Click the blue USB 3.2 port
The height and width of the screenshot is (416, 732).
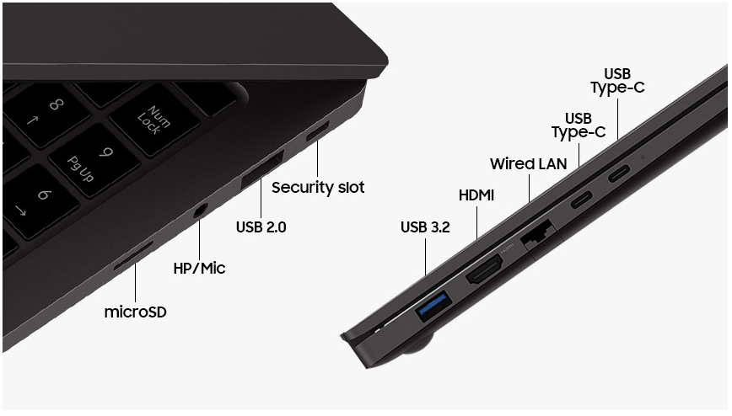click(433, 306)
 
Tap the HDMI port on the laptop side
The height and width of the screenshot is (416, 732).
click(485, 271)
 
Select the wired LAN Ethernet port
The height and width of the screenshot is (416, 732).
click(537, 234)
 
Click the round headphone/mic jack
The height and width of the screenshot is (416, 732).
click(200, 211)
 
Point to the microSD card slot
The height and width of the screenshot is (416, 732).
click(133, 256)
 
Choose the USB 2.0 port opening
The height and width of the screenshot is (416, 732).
click(262, 171)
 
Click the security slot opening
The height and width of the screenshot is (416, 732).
click(317, 131)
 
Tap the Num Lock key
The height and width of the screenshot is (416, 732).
click(155, 120)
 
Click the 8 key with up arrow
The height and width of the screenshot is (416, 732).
click(46, 114)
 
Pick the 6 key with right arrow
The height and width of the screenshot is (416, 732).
click(35, 201)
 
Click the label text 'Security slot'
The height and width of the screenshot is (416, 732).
click(318, 188)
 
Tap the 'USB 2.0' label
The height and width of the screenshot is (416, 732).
click(261, 227)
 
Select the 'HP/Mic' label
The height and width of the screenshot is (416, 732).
click(199, 268)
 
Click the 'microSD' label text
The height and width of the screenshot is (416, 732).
click(136, 312)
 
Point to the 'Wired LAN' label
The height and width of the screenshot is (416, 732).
click(529, 163)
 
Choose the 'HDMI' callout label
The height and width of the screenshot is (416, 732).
click(476, 195)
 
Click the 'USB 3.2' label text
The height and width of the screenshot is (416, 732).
click(425, 227)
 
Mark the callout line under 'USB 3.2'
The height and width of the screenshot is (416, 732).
click(425, 257)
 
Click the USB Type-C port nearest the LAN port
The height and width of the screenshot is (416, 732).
click(582, 200)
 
